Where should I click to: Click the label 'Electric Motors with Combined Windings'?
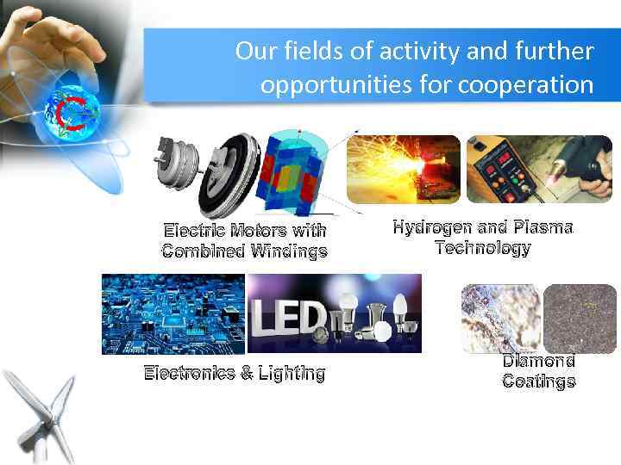pyautogui.click(x=245, y=241)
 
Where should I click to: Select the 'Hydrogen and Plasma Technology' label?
pyautogui.click(x=483, y=238)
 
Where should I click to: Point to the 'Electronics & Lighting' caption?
pyautogui.click(x=235, y=374)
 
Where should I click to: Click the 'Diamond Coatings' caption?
pyautogui.click(x=538, y=371)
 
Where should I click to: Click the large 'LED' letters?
pyautogui.click(x=288, y=319)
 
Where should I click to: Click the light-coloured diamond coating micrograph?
pyautogui.click(x=501, y=319)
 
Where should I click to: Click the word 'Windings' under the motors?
pyautogui.click(x=289, y=251)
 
